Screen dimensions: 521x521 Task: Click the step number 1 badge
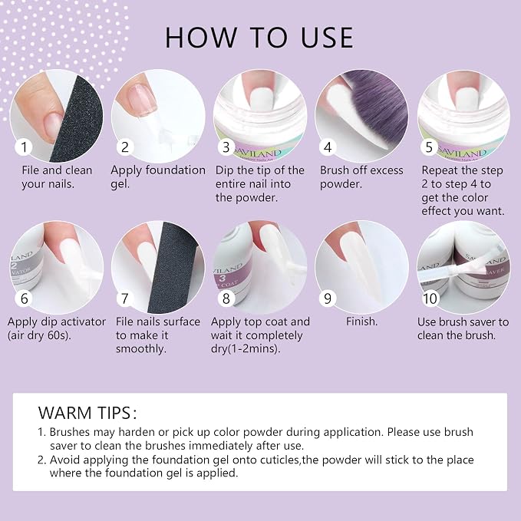click(24, 147)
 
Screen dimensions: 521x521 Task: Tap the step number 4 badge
click(328, 147)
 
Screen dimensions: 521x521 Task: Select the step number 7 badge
click(124, 298)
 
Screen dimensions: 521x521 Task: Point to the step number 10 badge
click(430, 298)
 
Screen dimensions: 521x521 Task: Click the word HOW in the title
click(200, 37)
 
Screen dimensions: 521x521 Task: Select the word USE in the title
click(327, 37)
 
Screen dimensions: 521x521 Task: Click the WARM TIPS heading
click(87, 413)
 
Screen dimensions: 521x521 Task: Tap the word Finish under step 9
click(362, 322)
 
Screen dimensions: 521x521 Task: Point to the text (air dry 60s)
click(39, 335)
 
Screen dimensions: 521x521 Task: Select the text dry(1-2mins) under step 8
click(246, 349)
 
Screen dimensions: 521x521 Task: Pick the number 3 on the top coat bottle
click(223, 278)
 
